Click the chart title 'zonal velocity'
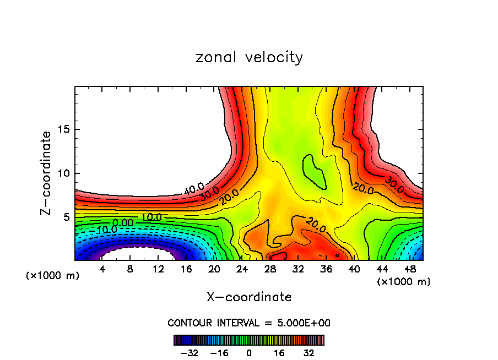(249, 57)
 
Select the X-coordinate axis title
(249, 297)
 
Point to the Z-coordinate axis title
(47, 173)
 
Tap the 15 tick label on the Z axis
(63, 129)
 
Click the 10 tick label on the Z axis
(63, 173)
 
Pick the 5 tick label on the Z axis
(66, 217)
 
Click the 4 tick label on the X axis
(102, 269)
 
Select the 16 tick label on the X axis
(186, 269)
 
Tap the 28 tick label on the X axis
(270, 269)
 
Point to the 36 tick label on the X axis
(326, 269)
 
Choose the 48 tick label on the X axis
(410, 269)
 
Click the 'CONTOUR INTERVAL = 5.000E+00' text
(249, 323)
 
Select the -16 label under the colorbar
(220, 352)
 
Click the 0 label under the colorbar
(249, 352)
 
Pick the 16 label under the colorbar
(279, 352)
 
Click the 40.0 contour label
(194, 189)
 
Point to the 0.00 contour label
(122, 222)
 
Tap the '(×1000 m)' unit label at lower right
(404, 282)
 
